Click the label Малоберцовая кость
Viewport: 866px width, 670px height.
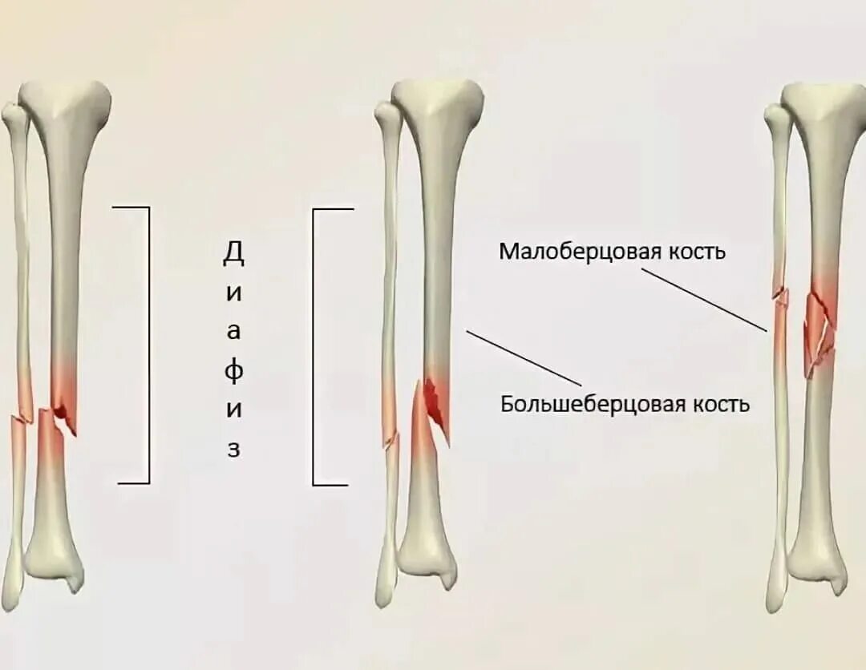click(612, 252)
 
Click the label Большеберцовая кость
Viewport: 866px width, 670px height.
click(625, 403)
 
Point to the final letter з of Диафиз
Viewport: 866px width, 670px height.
click(233, 449)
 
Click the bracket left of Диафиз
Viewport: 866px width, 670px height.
click(148, 345)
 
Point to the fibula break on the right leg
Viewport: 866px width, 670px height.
click(779, 299)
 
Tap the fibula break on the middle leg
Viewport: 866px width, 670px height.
click(391, 439)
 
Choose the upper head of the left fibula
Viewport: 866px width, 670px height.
click(14, 116)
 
